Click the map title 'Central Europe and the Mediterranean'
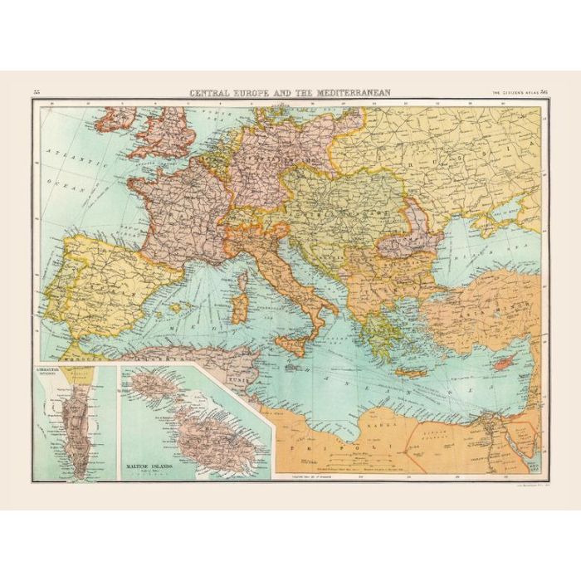(290, 92)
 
